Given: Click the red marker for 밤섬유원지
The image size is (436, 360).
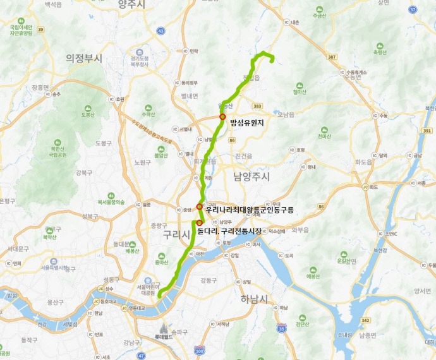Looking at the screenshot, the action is pos(222,117).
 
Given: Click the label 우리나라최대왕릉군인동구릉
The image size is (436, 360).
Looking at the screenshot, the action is pos(250,209).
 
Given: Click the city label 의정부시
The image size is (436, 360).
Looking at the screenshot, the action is pos(83,58).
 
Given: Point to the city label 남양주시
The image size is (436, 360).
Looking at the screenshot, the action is pos(251,176).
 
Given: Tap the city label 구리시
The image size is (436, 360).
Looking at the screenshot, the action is pos(176,235).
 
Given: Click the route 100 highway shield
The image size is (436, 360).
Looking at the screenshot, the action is pos(200,350).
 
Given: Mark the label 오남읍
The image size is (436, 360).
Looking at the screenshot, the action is pos(286,115).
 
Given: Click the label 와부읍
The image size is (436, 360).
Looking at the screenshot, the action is pos(301,230).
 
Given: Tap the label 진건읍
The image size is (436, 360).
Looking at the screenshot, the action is pos(243,155).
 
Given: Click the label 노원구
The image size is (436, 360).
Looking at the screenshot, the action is pos(124,162).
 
